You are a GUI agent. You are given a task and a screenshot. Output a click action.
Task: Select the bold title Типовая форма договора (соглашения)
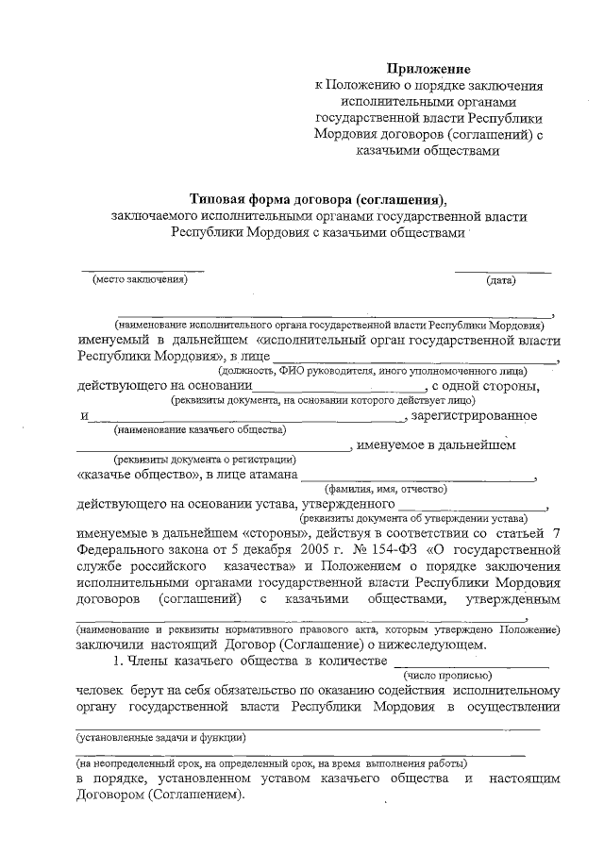point(317,199)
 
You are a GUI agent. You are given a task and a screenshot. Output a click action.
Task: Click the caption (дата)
point(500,281)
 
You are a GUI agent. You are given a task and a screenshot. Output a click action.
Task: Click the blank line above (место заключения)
point(142,271)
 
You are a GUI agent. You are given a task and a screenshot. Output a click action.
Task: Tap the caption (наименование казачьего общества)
point(199,431)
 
